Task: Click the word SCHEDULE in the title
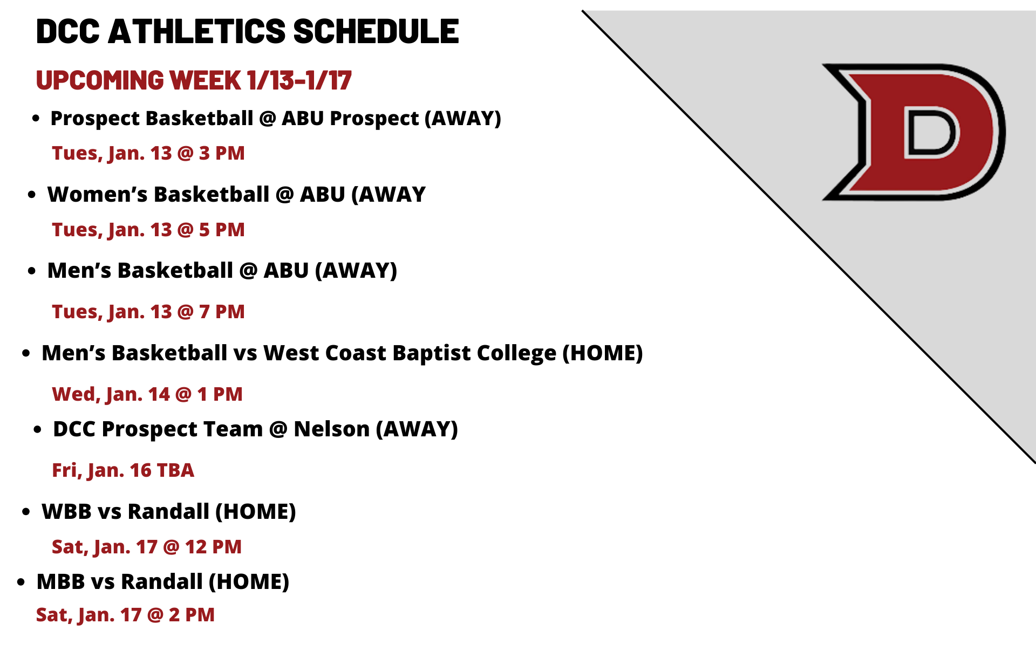pos(376,31)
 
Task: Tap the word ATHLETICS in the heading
pos(197,31)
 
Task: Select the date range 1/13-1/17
pos(299,80)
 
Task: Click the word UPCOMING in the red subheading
pos(100,80)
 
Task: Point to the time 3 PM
pos(222,153)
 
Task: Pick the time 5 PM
pos(222,230)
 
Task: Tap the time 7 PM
pos(222,312)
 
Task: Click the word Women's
pos(97,194)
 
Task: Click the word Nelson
pos(332,429)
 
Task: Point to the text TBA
pos(175,470)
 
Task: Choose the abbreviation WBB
pos(66,512)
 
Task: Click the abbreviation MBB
pos(61,582)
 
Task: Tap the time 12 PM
pos(213,547)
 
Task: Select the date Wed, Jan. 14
pos(111,394)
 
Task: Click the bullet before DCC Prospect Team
pos(37,430)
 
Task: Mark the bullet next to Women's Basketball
pos(32,195)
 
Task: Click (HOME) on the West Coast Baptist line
pos(603,353)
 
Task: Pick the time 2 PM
pos(192,615)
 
